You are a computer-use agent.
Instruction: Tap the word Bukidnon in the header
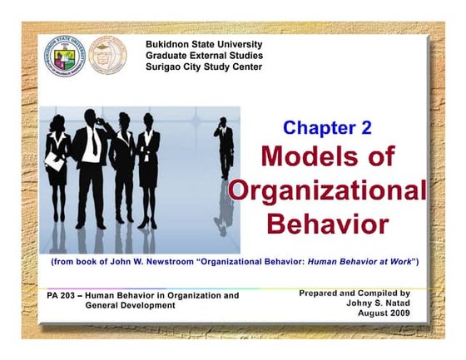point(170,43)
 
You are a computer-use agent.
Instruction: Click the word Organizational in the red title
point(327,190)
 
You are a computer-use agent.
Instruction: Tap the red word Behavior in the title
point(327,224)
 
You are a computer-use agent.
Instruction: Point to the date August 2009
point(384,313)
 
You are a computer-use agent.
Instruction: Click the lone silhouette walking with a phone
point(224,150)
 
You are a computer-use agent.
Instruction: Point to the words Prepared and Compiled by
point(354,293)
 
